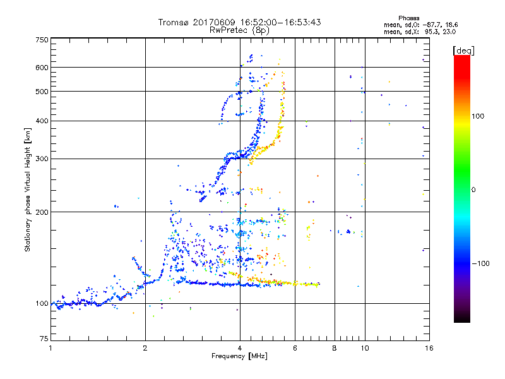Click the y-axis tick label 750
click(x=42, y=39)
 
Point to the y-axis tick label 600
click(x=42, y=67)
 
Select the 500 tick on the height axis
click(x=42, y=91)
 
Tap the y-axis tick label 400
click(x=42, y=121)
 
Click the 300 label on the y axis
click(x=42, y=159)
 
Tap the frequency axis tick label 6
click(x=295, y=348)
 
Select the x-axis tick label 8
click(x=335, y=348)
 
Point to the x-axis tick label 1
click(x=51, y=348)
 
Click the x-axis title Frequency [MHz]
click(x=240, y=356)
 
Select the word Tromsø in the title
click(x=175, y=22)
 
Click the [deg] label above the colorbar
click(x=463, y=50)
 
